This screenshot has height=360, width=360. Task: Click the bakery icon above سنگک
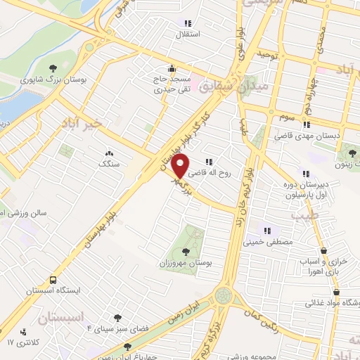pos(109,153)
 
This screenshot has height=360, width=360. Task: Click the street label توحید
pos(268,53)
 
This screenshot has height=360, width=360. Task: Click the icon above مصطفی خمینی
pos(267,230)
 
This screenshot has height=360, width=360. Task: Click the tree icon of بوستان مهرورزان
pos(186,250)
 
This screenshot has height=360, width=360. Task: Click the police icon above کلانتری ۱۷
pos(24,330)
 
